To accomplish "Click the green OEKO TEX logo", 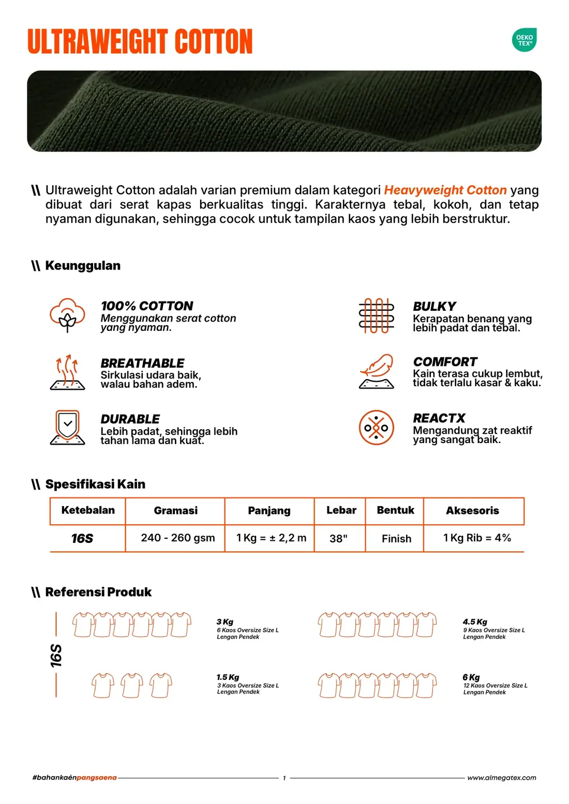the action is [x=524, y=40].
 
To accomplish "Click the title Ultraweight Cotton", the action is [x=140, y=41].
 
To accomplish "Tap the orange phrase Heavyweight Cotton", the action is [x=445, y=190].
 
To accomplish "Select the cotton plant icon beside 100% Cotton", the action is [x=67, y=315].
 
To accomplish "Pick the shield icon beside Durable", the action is [x=67, y=428].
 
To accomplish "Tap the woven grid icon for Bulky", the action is [x=376, y=315].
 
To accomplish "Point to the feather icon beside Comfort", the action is [x=376, y=371].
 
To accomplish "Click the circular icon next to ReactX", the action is [x=376, y=428].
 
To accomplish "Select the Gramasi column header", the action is [x=175, y=510].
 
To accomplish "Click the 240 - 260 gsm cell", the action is [x=178, y=538].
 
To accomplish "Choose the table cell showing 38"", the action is [x=338, y=538].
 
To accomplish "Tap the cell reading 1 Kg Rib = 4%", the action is [x=477, y=538].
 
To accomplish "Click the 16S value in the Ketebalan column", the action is [x=82, y=538].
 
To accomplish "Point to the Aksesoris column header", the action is [x=472, y=510].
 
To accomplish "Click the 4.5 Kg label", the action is [x=474, y=621].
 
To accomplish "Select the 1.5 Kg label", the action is [x=228, y=677].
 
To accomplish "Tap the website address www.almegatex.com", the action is [x=502, y=778].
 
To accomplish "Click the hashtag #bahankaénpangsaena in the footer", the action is [x=74, y=778].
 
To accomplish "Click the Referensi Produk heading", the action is [x=98, y=592].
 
